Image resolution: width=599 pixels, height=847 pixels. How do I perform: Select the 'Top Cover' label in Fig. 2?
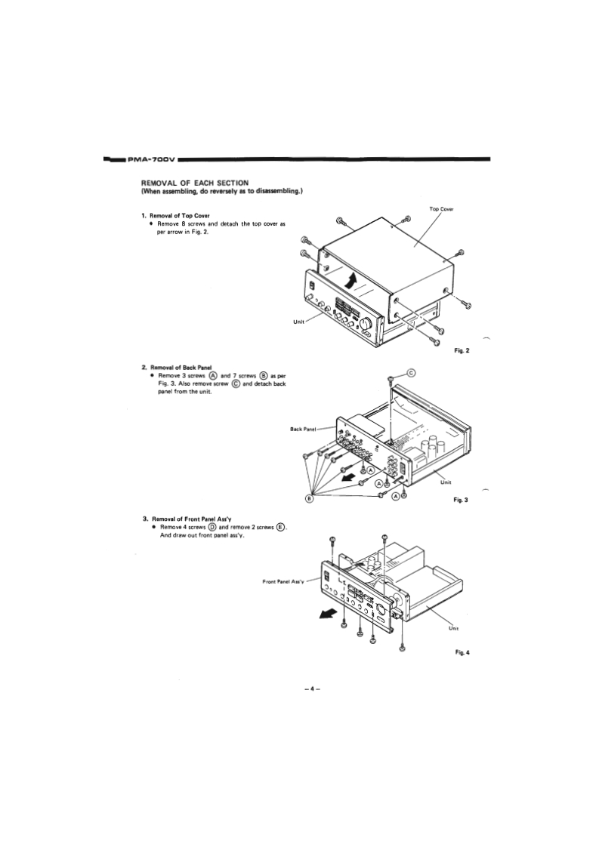click(441, 208)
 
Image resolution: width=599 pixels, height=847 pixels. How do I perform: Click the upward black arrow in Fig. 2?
click(350, 285)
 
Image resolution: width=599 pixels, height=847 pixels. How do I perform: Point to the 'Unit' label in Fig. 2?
click(299, 322)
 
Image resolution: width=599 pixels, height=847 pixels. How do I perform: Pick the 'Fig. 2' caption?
click(462, 350)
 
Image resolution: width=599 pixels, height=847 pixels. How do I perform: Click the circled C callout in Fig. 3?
click(412, 372)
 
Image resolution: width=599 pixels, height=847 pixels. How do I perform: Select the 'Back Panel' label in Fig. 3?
click(304, 429)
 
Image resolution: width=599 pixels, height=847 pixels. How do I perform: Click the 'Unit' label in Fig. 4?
click(453, 627)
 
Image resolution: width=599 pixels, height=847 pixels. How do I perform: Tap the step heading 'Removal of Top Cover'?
click(179, 216)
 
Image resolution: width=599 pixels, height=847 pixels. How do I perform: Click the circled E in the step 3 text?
click(280, 528)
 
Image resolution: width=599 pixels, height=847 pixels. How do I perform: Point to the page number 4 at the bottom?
click(308, 688)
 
